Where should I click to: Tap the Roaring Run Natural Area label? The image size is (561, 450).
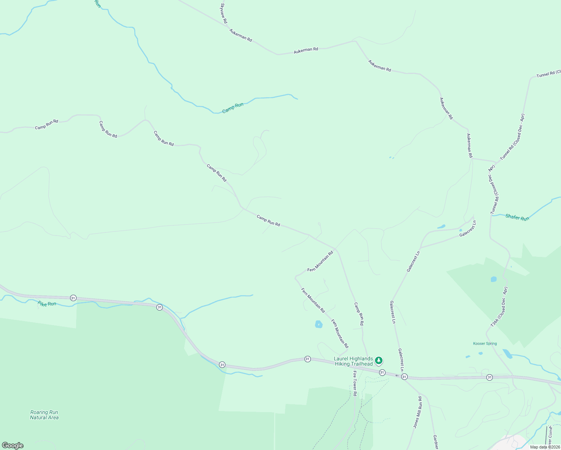coord(44,415)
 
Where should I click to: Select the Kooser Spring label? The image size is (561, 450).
coord(485,343)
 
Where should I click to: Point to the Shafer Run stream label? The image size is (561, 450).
coord(517,217)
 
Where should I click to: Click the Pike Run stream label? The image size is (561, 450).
coord(47,304)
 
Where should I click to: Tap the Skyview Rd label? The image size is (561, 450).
coord(224,14)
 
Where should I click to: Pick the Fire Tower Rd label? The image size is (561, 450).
coord(355,383)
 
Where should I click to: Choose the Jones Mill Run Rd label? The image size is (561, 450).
coord(418,412)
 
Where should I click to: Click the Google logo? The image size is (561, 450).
coord(13,445)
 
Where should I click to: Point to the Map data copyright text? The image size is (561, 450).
coord(544,447)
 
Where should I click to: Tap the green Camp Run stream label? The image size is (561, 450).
coord(232,108)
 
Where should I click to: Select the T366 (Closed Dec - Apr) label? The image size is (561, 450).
coord(499,307)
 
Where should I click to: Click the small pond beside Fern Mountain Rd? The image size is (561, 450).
coord(319,324)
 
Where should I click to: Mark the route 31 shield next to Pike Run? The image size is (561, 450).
coord(73,298)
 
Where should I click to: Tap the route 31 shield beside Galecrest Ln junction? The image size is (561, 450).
coord(404,377)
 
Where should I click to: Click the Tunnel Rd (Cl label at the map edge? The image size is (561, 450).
coord(548,73)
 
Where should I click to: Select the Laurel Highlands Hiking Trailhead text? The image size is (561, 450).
coord(353,361)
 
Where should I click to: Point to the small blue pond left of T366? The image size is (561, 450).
coord(493,279)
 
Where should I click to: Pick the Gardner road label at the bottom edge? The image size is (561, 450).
coord(436,442)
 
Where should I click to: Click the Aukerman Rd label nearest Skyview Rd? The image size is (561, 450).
coord(240,35)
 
